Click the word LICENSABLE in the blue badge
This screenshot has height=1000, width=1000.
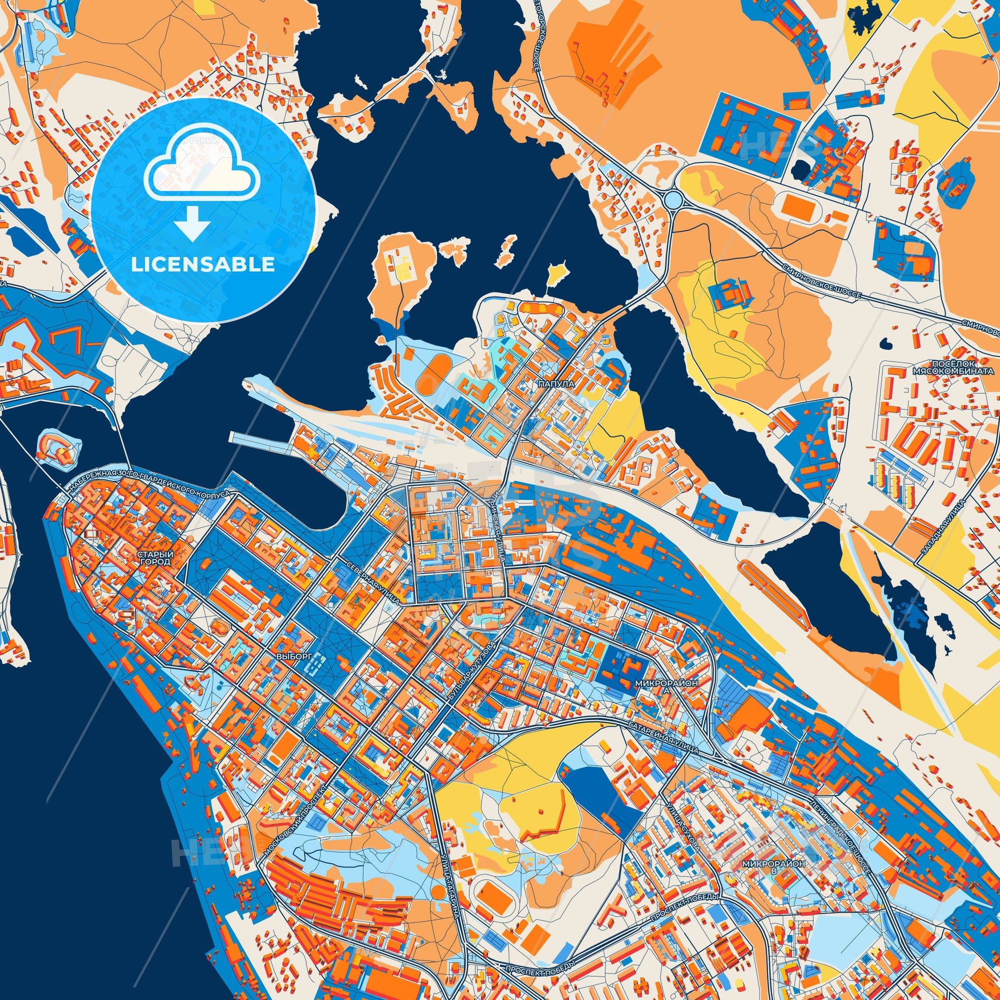[x=203, y=265]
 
